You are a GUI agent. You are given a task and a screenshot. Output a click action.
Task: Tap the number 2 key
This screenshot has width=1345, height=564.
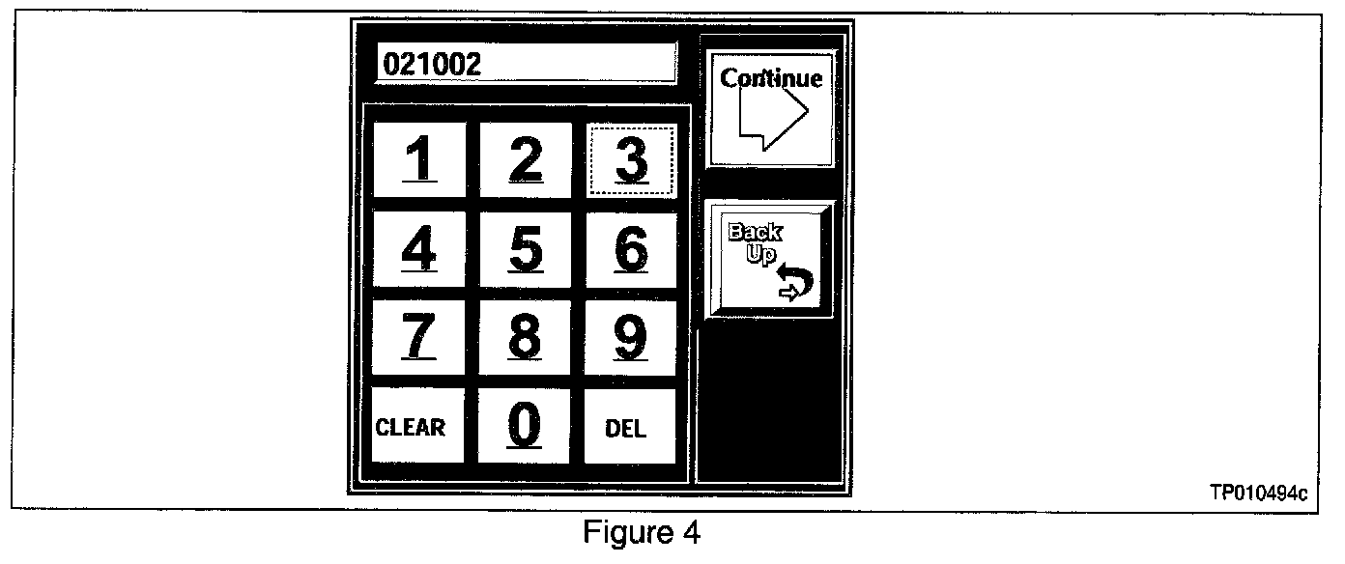click(525, 160)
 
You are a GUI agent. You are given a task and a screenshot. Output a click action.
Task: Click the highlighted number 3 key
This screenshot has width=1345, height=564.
click(631, 160)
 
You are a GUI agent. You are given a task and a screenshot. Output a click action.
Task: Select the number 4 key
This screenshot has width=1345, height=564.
click(418, 249)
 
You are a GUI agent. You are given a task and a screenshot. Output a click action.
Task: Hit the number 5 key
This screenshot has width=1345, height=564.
click(525, 249)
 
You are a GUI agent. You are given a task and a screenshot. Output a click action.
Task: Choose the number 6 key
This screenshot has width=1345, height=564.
click(631, 249)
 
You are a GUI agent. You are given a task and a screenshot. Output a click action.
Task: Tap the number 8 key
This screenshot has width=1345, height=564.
click(525, 338)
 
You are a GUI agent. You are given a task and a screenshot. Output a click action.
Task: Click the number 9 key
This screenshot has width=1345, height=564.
click(631, 338)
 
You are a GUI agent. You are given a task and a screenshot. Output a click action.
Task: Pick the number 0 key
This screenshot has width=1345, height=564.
click(525, 426)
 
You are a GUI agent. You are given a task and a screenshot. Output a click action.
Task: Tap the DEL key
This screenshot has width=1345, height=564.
click(628, 427)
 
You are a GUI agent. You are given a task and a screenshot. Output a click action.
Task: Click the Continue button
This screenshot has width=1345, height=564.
click(770, 108)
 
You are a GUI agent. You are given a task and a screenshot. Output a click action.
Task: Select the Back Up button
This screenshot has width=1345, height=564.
click(769, 258)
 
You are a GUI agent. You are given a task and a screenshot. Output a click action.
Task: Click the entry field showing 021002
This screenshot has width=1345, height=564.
click(526, 65)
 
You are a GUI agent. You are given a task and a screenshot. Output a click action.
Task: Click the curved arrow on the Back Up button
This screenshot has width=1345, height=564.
click(796, 282)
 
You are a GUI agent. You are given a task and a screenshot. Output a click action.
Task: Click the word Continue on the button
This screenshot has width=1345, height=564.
click(771, 78)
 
